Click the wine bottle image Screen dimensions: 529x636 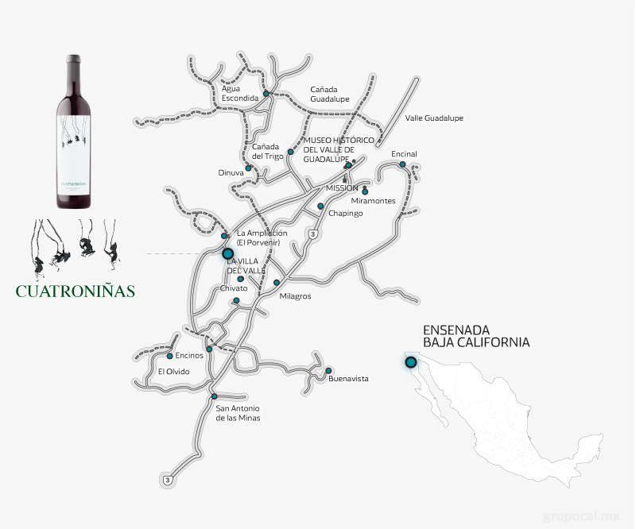[x=73, y=131]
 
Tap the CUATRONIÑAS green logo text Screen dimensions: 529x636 [x=76, y=290]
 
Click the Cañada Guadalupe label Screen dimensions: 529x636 [x=330, y=94]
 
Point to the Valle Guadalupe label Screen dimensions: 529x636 [x=434, y=118]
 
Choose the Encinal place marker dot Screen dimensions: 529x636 [x=403, y=164]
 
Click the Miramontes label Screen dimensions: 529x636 [x=374, y=201]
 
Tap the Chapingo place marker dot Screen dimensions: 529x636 [x=320, y=206]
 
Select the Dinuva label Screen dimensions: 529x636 [x=231, y=172]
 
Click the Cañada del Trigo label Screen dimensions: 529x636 [x=268, y=151]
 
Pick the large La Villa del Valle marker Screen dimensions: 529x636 [x=228, y=254]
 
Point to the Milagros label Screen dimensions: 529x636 [x=296, y=296]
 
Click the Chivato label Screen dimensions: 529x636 [x=234, y=288]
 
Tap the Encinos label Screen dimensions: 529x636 [x=189, y=356]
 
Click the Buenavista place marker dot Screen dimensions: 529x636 [x=328, y=370]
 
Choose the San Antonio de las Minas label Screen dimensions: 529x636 [x=238, y=413]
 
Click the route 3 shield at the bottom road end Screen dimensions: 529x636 [x=167, y=481]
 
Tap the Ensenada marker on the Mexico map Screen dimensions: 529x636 [x=411, y=363]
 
